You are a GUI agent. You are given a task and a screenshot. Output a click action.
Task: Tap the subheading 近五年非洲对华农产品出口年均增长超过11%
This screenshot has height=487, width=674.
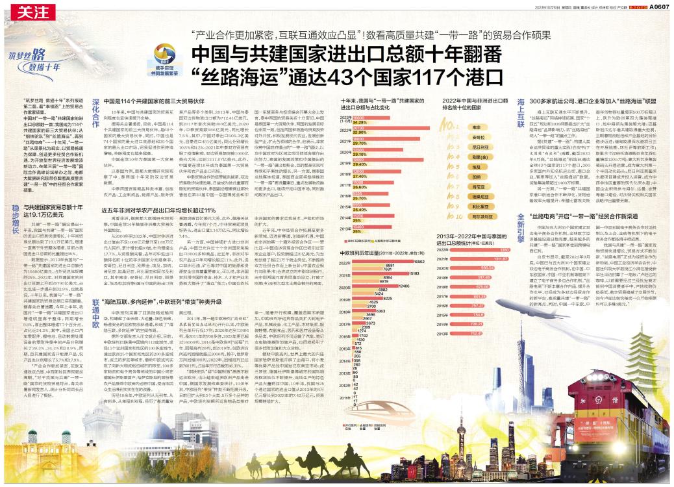[160, 227]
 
